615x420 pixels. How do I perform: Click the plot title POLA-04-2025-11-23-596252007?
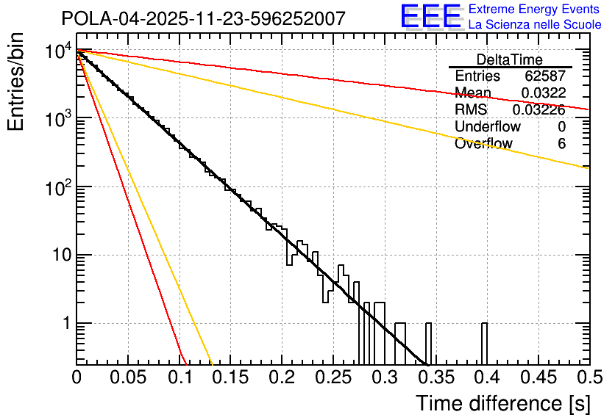[202, 18]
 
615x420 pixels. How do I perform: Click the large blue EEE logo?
[431, 17]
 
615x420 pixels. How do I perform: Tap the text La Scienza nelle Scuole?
[535, 25]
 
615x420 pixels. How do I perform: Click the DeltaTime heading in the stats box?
[509, 59]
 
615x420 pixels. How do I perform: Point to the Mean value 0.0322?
[543, 93]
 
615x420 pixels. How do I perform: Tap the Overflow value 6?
[561, 144]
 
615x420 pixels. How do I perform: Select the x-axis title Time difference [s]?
[502, 403]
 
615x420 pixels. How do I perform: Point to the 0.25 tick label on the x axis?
[333, 378]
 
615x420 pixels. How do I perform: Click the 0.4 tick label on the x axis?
[487, 378]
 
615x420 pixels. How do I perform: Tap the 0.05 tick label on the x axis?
[128, 378]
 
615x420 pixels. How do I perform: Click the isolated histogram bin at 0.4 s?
[484, 344]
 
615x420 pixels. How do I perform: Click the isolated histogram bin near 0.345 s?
[429, 344]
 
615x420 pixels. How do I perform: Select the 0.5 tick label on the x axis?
[589, 378]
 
